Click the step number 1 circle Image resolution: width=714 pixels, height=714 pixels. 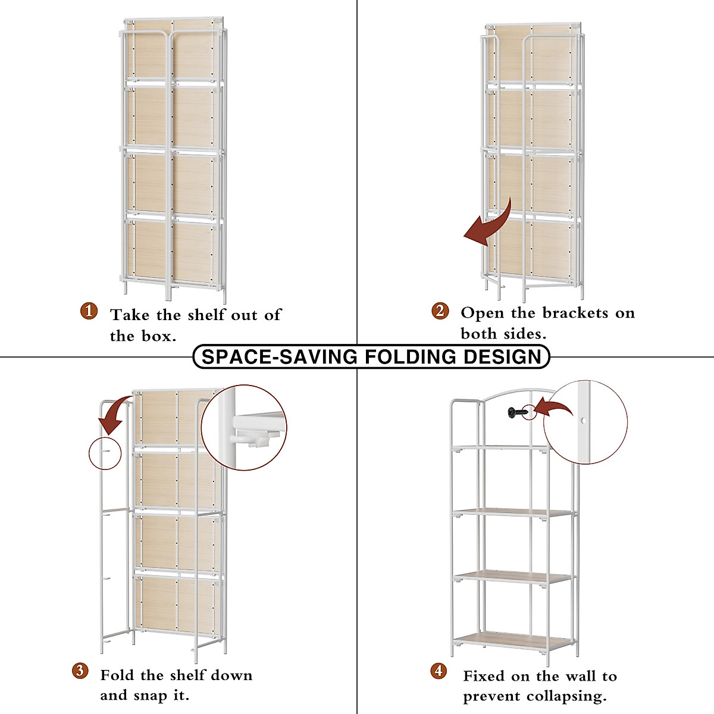(x=89, y=311)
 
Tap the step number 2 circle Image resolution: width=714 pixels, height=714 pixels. (x=440, y=310)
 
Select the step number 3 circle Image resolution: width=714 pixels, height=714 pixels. (x=80, y=671)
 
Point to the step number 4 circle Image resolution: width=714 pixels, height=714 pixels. (x=439, y=671)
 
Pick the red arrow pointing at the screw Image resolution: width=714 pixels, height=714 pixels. (x=554, y=408)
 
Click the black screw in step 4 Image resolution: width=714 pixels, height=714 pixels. (x=516, y=412)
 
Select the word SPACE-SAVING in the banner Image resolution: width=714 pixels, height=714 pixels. (x=280, y=357)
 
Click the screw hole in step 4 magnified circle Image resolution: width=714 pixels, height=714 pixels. (x=583, y=421)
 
